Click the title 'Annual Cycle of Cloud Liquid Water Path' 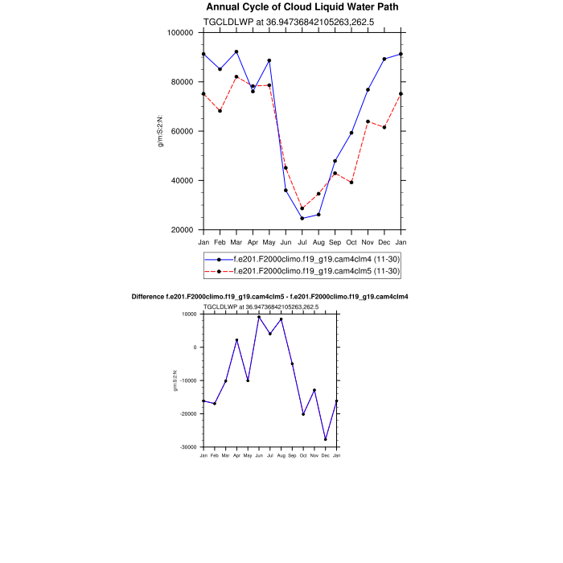302,7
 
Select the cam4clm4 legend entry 316,259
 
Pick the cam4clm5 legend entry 316,271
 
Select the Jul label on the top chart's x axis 302,242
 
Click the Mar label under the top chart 236,242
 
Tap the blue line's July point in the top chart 302,218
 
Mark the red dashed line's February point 220,111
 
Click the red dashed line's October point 351,183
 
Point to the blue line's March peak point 236,51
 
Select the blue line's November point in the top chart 368,89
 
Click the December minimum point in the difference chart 326,439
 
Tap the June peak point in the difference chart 259,317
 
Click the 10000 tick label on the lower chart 190,314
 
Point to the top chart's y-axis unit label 161,130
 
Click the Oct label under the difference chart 303,456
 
